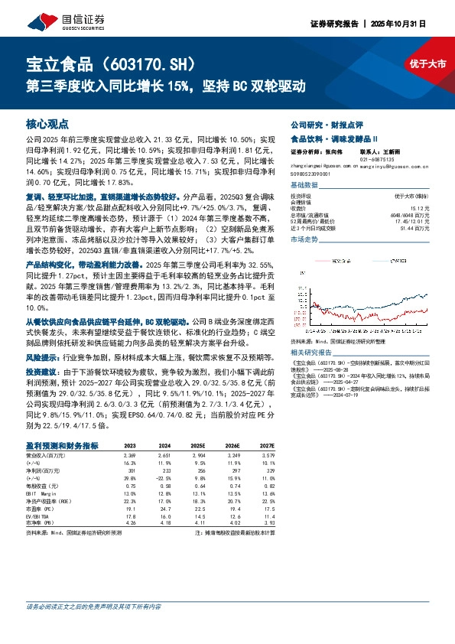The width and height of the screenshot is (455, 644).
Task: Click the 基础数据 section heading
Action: click(x=304, y=186)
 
